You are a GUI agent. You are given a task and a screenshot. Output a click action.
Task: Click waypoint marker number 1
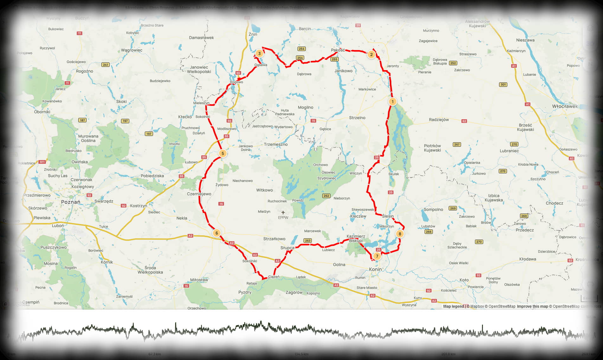(392, 102)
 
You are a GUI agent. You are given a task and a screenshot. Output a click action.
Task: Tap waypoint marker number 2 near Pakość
(371, 55)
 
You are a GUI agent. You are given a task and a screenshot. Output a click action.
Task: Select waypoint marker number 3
(259, 54)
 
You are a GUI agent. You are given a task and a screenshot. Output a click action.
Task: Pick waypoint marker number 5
(223, 154)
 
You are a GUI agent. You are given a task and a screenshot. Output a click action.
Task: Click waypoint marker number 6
(216, 233)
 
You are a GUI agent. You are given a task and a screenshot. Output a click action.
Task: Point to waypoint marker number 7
(377, 256)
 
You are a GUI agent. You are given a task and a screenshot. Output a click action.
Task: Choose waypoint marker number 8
(400, 234)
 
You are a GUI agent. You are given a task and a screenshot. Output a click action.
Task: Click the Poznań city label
(71, 202)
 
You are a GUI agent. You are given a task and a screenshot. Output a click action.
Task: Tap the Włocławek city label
(565, 106)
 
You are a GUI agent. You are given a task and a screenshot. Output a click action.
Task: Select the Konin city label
(375, 269)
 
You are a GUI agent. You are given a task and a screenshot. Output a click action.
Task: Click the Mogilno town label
(305, 107)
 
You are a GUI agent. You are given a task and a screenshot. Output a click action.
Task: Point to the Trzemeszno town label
(276, 145)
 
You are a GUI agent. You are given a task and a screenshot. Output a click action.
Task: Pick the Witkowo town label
(264, 190)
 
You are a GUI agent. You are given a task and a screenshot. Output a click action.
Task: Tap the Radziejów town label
(439, 120)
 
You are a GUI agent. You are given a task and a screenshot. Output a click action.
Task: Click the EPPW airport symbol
(283, 213)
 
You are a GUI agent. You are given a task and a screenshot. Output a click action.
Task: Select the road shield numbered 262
(326, 196)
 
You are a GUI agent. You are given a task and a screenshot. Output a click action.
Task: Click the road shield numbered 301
(503, 85)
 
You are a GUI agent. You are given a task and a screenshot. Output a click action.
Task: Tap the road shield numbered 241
(106, 65)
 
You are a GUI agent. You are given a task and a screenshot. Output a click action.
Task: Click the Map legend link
(453, 306)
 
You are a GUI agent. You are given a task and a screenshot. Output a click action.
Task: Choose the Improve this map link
(532, 306)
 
